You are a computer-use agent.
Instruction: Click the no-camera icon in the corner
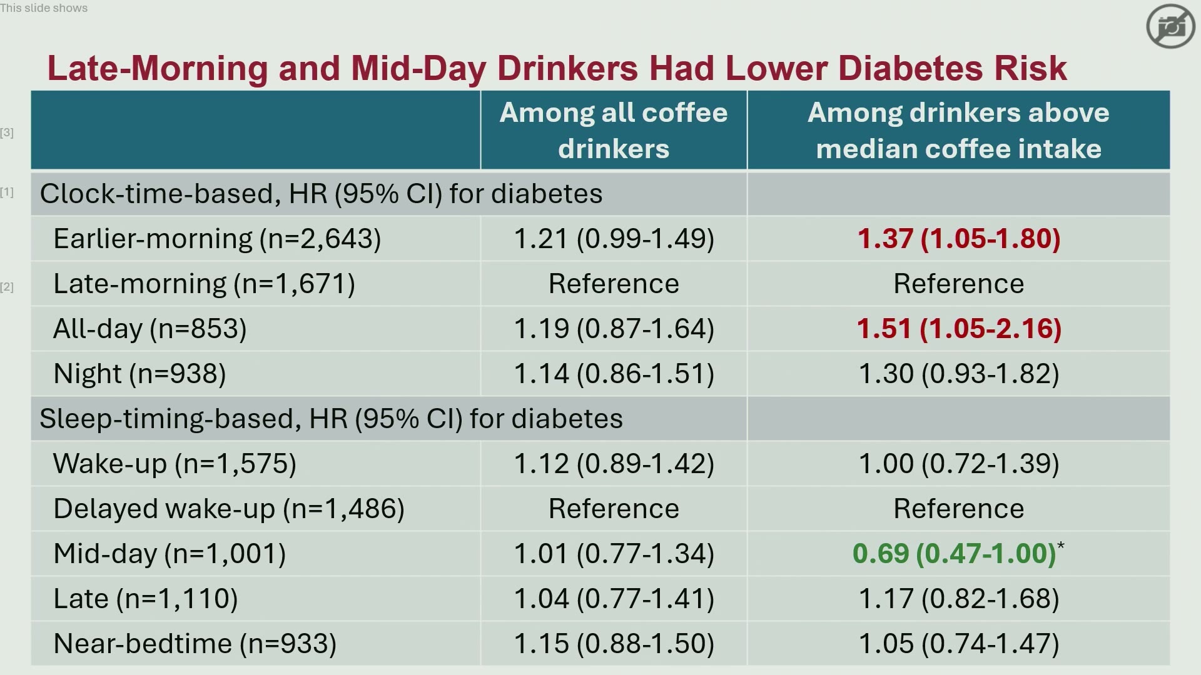[x=1170, y=26]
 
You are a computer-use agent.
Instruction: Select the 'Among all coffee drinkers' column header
[x=614, y=131]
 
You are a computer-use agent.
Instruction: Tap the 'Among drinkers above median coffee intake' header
[x=958, y=131]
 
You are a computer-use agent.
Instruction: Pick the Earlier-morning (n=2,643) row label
[x=217, y=239]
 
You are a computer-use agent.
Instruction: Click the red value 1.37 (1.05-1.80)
[x=958, y=239]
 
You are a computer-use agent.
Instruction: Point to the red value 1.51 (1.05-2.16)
[x=958, y=329]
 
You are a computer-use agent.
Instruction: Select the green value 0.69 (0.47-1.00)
[x=955, y=554]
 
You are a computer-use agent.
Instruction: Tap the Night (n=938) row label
[x=139, y=374]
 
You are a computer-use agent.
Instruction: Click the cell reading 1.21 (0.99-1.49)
[x=614, y=239]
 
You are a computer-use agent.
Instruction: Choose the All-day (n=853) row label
[x=150, y=329]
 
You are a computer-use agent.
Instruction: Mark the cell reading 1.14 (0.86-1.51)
[x=614, y=374]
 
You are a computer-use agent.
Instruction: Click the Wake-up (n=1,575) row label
[x=175, y=464]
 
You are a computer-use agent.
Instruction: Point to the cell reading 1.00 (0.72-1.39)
[x=958, y=464]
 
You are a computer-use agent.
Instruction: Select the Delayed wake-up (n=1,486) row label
[x=229, y=509]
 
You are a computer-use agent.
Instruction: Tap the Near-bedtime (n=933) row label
[x=195, y=644]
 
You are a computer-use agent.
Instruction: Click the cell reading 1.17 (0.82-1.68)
[x=958, y=599]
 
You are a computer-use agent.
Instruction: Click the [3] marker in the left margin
[x=7, y=132]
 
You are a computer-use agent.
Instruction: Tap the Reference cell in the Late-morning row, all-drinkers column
[x=614, y=284]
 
